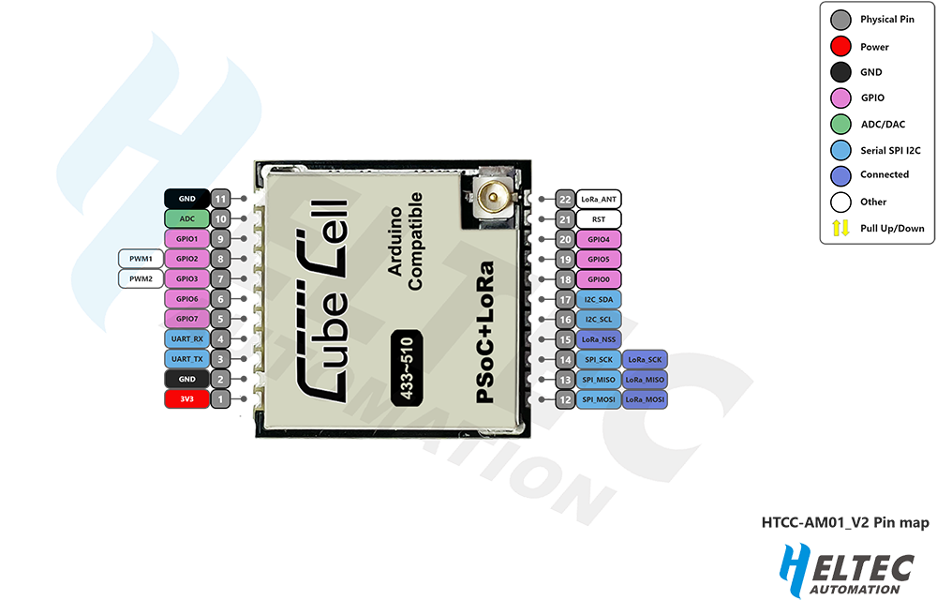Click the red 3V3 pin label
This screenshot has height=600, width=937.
click(186, 399)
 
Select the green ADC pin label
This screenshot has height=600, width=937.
click(186, 218)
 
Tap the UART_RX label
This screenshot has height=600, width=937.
click(186, 338)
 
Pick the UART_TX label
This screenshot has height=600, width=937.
click(186, 359)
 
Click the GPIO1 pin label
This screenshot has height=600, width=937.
click(186, 239)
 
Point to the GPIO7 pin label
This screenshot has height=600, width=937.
click(186, 319)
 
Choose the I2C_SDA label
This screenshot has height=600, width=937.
click(599, 299)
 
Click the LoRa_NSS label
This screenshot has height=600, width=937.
click(599, 339)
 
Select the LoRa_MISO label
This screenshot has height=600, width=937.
click(645, 379)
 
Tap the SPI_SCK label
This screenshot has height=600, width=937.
click(599, 359)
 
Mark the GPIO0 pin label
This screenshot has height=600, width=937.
click(599, 279)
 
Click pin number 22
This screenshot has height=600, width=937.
click(564, 200)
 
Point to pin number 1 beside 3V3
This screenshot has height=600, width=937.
click(220, 399)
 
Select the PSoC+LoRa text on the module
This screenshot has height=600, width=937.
click(485, 333)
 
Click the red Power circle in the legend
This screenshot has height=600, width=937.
click(840, 46)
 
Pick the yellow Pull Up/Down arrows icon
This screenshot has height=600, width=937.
click(840, 227)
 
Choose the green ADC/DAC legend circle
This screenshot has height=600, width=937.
click(840, 123)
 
